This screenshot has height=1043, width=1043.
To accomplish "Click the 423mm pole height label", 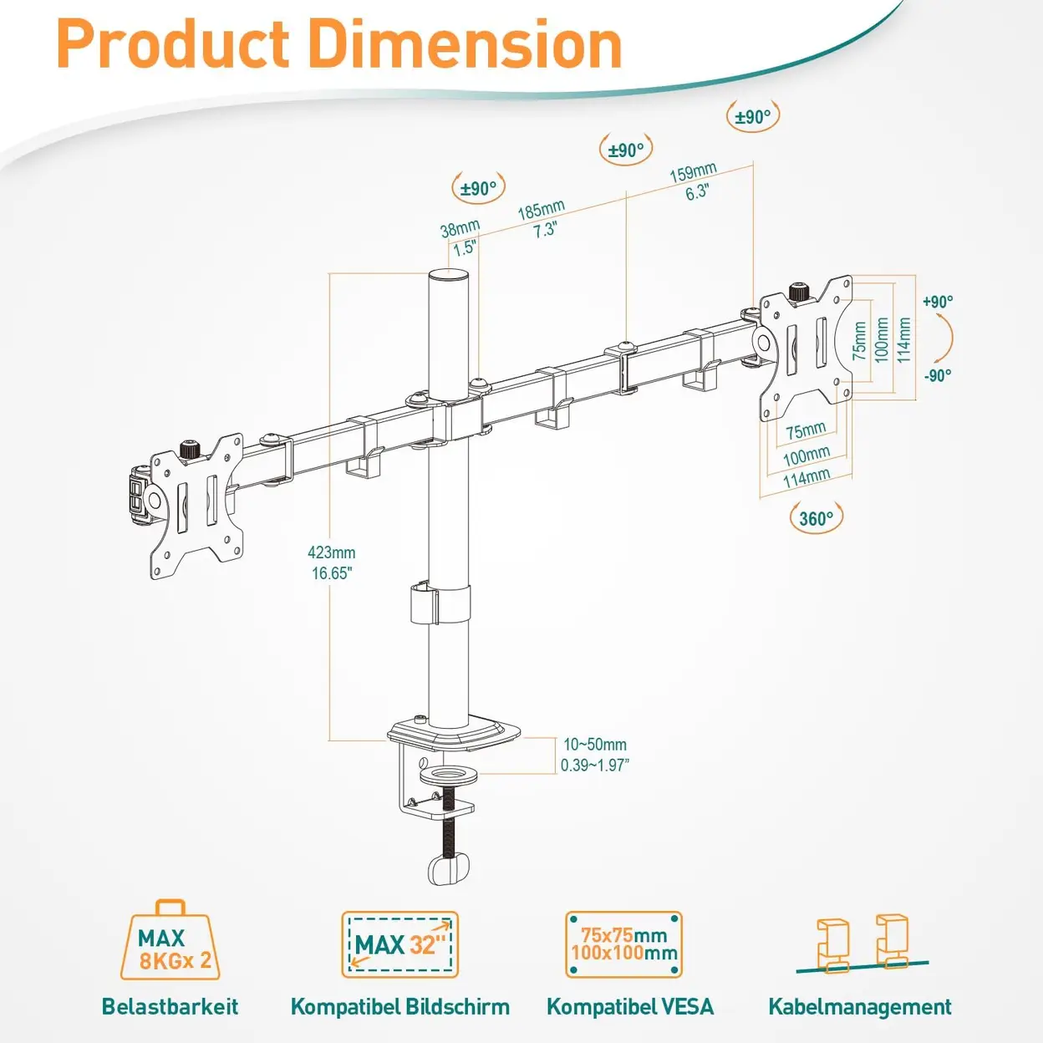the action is (332, 552).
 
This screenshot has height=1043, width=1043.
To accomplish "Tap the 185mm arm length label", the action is (542, 210).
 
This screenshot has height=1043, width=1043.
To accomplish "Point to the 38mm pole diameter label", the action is (460, 229).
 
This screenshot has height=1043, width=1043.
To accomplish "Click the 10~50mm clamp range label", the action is (595, 745).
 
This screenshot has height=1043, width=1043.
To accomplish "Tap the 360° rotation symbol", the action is (817, 518).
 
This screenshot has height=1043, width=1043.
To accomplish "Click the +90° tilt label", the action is (938, 302).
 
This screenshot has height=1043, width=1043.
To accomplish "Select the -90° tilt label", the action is (938, 375).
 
